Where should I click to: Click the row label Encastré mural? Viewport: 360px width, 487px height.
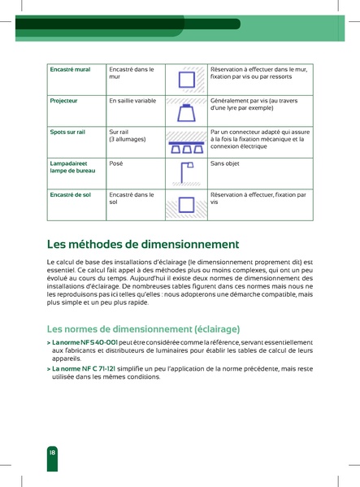pyautogui.click(x=70, y=70)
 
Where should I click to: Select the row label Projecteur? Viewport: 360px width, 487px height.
pyautogui.click(x=64, y=101)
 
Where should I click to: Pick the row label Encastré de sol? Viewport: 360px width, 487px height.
pyautogui.click(x=71, y=195)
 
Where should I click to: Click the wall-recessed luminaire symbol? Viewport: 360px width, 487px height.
pyautogui.click(x=186, y=79)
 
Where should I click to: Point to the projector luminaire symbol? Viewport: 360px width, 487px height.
pyautogui.click(x=186, y=110)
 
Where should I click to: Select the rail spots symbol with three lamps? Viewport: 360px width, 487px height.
pyautogui.click(x=186, y=145)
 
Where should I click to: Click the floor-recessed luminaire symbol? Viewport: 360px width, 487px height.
pyautogui.click(x=186, y=204)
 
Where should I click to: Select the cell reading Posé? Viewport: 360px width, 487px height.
pyautogui.click(x=116, y=163)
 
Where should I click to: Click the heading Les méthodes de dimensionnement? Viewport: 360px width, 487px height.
pyautogui.click(x=143, y=244)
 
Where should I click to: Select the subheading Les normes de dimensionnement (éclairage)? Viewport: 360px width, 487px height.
pyautogui.click(x=143, y=329)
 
